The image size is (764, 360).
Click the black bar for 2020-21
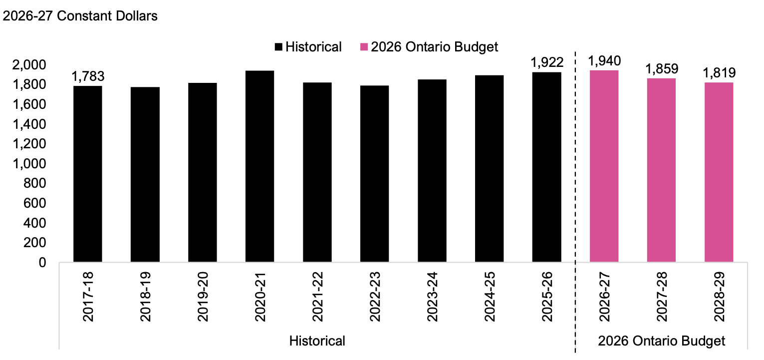click(259, 166)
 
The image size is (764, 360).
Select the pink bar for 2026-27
click(604, 166)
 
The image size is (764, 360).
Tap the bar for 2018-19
click(145, 174)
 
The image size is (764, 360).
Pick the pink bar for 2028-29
click(719, 172)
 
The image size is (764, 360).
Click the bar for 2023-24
click(432, 171)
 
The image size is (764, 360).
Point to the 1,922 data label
click(547, 62)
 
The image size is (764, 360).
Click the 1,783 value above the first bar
click(88, 76)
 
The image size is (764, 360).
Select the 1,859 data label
click(662, 69)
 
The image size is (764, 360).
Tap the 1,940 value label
click(604, 61)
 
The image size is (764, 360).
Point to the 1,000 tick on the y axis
click(29, 164)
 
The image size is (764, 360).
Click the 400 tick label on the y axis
click(35, 223)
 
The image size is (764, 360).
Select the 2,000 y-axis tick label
click(29, 65)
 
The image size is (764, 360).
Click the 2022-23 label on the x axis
click(374, 297)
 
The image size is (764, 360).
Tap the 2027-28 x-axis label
click(662, 297)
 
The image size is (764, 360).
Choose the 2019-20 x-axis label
click(203, 297)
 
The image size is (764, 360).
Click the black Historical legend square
click(278, 47)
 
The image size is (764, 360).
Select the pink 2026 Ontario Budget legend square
click(364, 47)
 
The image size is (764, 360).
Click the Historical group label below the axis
click(317, 341)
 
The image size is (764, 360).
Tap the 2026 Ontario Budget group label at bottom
click(661, 341)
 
